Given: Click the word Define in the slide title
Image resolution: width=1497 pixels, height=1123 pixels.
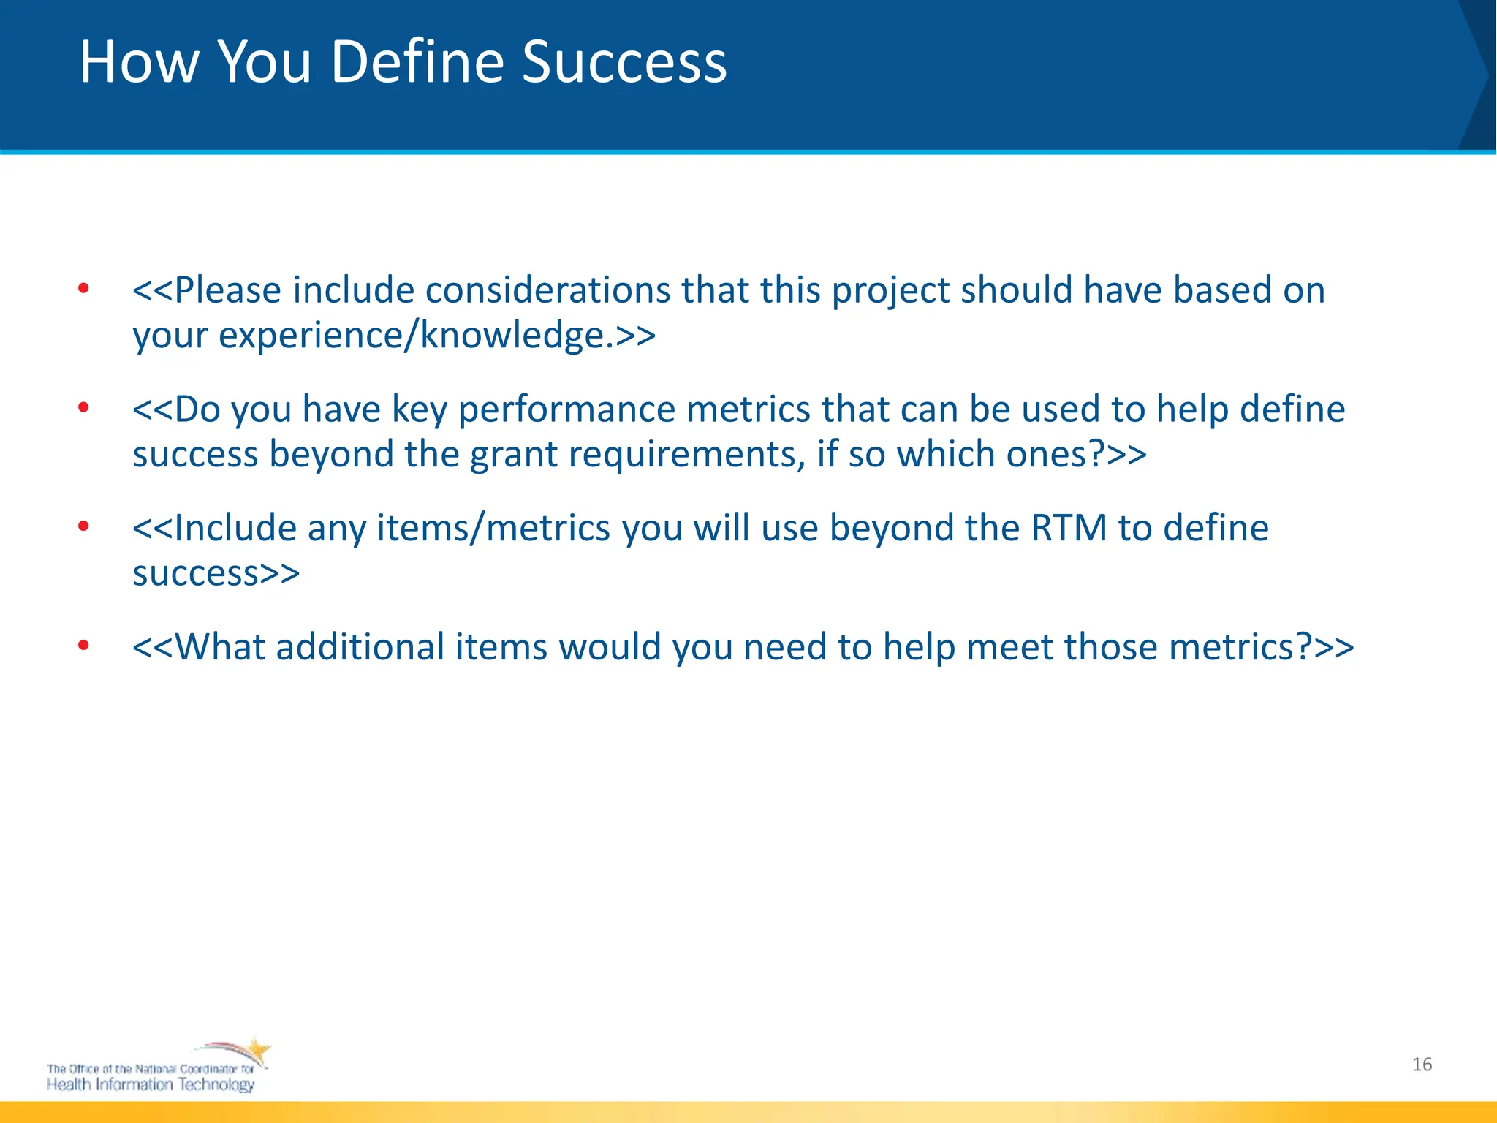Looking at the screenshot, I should click(417, 61).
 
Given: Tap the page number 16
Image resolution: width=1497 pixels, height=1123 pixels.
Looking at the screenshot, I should click(1422, 1065).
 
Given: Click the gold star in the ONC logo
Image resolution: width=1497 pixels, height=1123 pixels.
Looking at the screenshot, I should click(257, 1052).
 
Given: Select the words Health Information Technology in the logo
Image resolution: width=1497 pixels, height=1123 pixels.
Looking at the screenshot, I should click(150, 1084).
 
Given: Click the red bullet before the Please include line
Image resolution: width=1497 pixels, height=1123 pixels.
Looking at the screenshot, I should click(84, 289).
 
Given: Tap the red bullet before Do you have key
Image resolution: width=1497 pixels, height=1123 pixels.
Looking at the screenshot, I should click(84, 408).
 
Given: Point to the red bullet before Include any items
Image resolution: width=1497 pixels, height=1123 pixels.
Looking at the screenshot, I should click(84, 526).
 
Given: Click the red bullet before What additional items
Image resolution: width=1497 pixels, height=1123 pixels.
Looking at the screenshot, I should click(84, 646).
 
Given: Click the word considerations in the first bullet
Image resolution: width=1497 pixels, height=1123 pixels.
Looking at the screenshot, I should click(547, 290).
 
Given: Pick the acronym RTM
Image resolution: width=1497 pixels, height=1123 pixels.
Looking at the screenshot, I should click(1069, 528).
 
